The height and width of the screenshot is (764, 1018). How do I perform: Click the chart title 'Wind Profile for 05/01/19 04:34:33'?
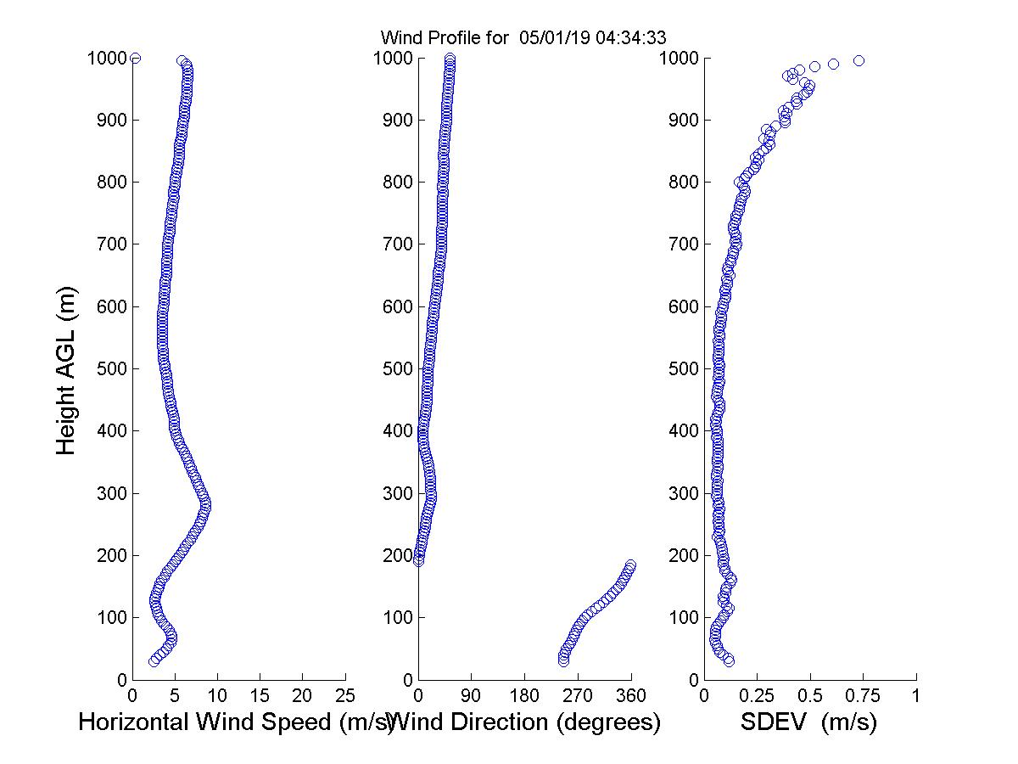(x=523, y=37)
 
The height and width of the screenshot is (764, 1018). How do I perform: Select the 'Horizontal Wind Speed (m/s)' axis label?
(x=235, y=723)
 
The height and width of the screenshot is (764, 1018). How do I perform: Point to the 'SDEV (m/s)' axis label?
(x=808, y=723)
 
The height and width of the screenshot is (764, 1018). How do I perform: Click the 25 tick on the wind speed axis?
(x=345, y=696)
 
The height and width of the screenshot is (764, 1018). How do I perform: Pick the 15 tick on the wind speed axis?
(x=260, y=696)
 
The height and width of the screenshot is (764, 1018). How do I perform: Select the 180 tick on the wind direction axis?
(x=524, y=696)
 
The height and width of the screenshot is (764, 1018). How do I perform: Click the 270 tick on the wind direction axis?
(x=578, y=696)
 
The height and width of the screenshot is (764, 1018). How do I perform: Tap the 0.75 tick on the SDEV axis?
(x=863, y=696)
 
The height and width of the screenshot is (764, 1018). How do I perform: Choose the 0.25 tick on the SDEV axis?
(x=757, y=696)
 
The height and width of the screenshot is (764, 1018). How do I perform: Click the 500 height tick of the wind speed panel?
(x=109, y=369)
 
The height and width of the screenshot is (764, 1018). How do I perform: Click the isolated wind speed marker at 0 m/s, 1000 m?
(x=135, y=58)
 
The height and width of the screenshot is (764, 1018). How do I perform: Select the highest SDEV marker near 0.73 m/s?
(x=859, y=60)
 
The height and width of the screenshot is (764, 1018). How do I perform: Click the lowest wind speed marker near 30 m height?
(x=154, y=661)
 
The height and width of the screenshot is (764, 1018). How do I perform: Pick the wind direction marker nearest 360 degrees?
(x=630, y=565)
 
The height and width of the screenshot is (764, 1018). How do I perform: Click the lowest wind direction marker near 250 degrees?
(x=564, y=660)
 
